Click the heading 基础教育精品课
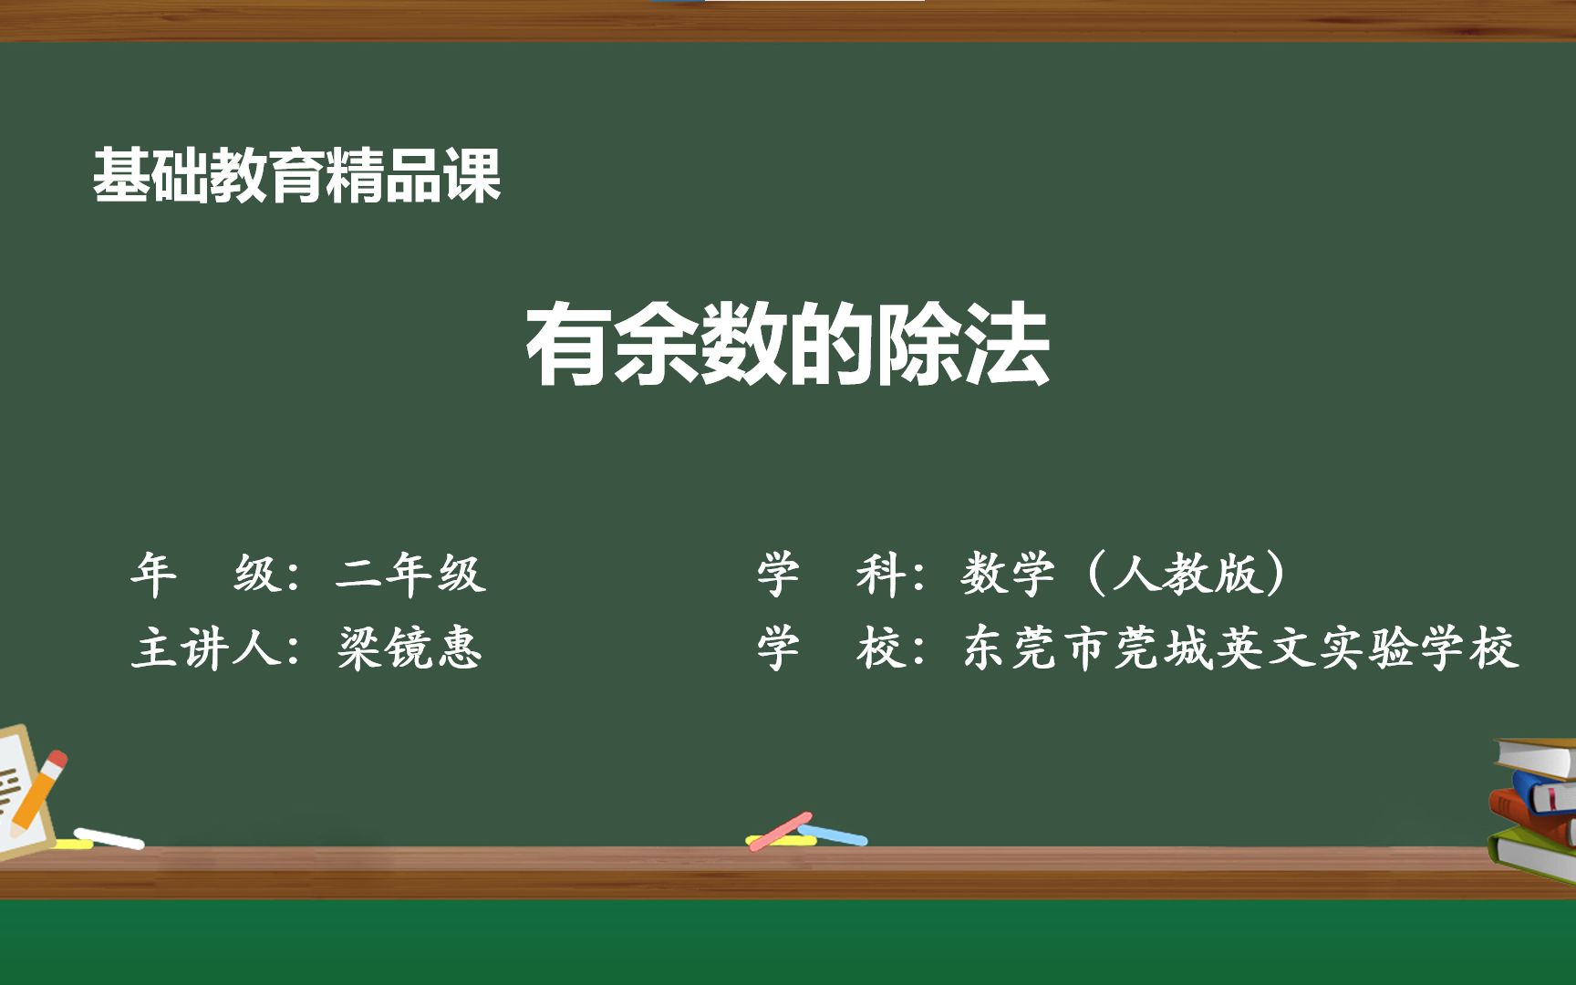(297, 175)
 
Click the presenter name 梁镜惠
(410, 648)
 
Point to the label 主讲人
(205, 648)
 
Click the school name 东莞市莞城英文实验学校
(1240, 648)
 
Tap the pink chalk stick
(780, 831)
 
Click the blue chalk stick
(835, 835)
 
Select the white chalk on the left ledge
(109, 838)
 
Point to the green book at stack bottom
(1532, 854)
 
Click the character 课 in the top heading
(472, 175)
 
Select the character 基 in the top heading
(121, 175)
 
